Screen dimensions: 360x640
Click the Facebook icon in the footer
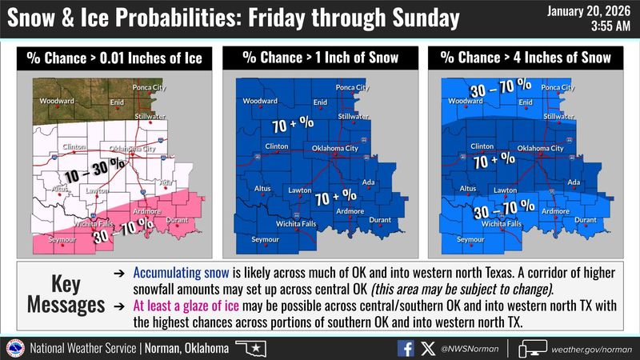point(407,348)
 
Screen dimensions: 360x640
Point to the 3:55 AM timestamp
point(610,26)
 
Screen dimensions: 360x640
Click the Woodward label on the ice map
point(59,102)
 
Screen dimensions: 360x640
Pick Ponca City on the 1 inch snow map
point(352,87)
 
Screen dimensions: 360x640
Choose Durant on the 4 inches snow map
point(586,219)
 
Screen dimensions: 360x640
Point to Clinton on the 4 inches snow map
point(482,146)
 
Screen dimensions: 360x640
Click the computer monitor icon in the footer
point(530,348)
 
